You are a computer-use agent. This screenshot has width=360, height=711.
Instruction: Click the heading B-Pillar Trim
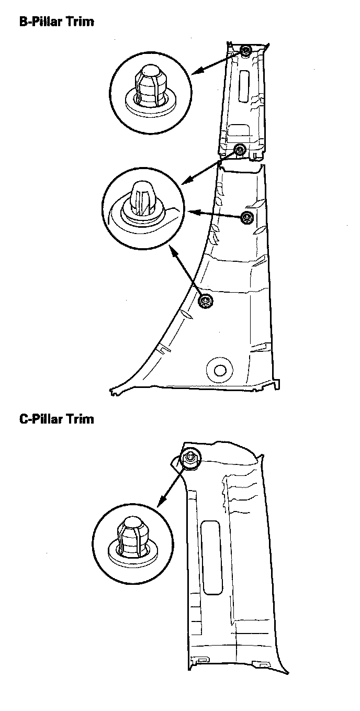coord(57,23)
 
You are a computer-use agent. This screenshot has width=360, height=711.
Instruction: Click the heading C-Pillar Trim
coord(57,419)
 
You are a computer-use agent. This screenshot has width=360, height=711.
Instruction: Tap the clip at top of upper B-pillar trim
coord(246,51)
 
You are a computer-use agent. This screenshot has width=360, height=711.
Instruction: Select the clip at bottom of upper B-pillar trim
coord(240,150)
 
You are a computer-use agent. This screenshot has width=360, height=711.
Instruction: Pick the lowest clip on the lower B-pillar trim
coord(206,301)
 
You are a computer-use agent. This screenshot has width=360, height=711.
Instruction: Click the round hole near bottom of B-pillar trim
coord(219,370)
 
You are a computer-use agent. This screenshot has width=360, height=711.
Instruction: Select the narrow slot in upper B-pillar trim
coord(244,85)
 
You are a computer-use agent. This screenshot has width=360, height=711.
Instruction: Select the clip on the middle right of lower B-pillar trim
coord(247,218)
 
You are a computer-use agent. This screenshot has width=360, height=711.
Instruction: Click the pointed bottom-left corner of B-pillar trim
coord(113,391)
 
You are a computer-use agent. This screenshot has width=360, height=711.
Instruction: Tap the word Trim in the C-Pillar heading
coord(80,419)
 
